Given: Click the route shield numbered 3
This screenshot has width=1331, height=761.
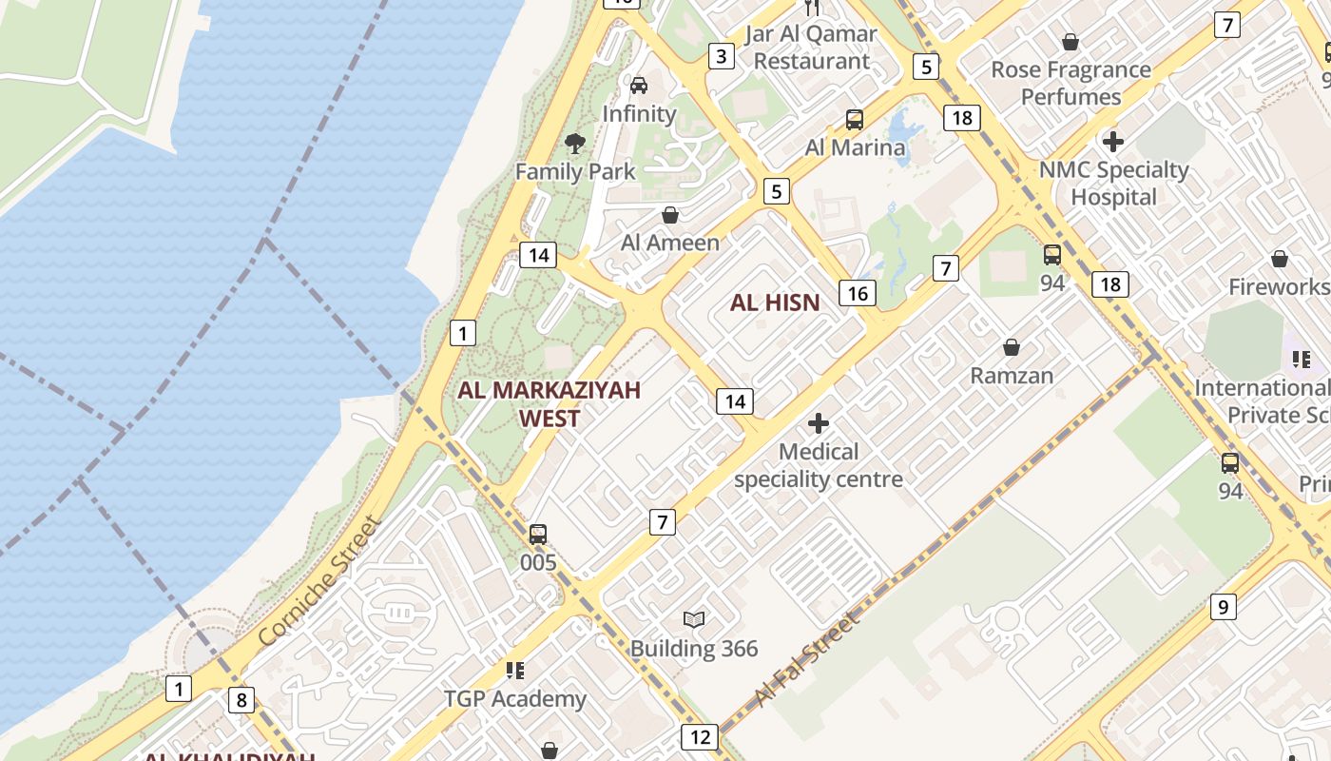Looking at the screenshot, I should pos(722,56).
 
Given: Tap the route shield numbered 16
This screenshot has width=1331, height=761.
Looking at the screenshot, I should pos(858,293).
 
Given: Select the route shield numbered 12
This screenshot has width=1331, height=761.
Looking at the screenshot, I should pos(700,736).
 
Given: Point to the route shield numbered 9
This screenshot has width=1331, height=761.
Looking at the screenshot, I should pos(1224,606).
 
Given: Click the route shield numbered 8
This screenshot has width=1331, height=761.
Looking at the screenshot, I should pos(241,701).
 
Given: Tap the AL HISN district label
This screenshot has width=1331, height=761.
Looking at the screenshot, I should pos(774,303).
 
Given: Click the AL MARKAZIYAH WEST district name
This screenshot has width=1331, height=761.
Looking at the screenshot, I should pos(550,403).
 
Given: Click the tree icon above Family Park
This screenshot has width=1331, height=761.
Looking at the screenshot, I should pos(574,144).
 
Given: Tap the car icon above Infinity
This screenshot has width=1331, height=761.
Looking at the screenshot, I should pos(639,86).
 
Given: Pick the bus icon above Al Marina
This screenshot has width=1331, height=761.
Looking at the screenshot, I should pos(855,120).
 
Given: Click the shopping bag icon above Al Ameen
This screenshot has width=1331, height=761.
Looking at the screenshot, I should pos(670,215).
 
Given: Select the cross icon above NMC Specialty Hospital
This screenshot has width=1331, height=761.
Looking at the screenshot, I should pos(1113,142).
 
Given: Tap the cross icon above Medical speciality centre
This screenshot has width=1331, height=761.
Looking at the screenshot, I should pos(818,423).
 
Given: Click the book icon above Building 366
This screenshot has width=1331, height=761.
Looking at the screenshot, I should pos(695,620).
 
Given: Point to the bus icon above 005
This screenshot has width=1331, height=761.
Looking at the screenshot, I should pos(538,534).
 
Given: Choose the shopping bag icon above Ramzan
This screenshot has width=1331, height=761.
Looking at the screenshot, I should pos(1012,347).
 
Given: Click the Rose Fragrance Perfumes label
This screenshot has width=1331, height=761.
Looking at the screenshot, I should pos(1071,83).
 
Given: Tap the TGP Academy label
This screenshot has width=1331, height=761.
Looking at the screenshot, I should pos(515,699).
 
